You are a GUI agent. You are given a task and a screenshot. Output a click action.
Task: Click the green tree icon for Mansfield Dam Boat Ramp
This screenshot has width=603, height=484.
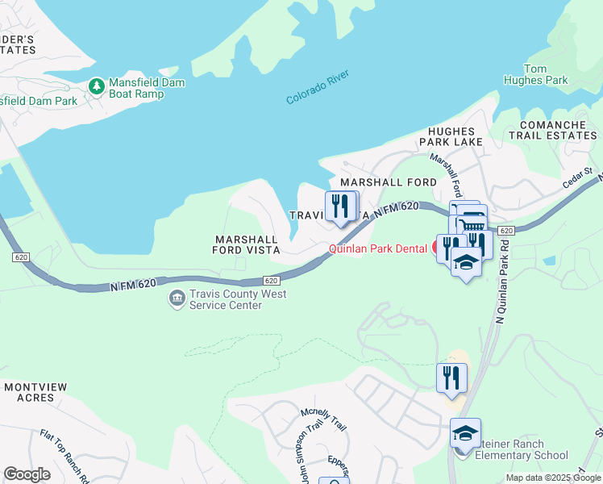pos(96,86)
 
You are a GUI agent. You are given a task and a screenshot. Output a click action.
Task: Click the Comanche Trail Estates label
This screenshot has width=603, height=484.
pos(558,130)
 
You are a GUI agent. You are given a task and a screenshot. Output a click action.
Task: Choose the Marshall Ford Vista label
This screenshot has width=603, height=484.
pos(246,244)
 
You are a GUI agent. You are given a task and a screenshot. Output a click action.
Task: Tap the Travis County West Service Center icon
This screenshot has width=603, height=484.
pos(176,299)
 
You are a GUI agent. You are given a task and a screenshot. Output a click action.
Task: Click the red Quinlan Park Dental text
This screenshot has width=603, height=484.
pos(377,249)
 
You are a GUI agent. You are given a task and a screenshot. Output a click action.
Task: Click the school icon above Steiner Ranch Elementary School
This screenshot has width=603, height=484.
pos(465,434)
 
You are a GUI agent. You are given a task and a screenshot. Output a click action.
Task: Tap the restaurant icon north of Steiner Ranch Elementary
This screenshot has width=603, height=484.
pos(451,378)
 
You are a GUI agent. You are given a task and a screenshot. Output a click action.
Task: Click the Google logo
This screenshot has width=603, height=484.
pos(27,474)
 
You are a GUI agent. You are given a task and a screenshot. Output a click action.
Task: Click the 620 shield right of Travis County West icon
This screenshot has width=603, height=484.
pos(272,280)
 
